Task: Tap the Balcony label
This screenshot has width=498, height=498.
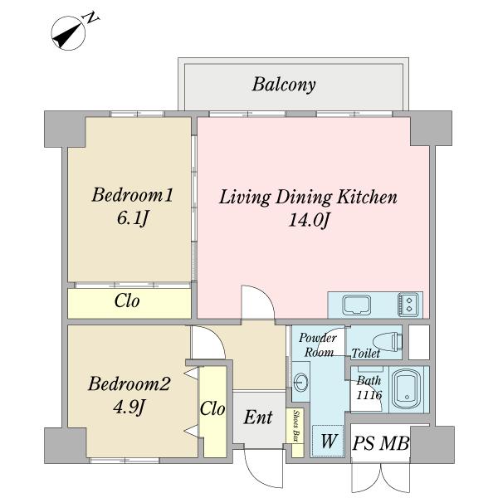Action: pyautogui.click(x=284, y=85)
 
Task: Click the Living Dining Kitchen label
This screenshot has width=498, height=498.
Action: pyautogui.click(x=308, y=198)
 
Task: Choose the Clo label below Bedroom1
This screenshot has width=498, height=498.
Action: pyautogui.click(x=127, y=302)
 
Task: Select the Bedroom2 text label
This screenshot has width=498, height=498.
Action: pyautogui.click(x=129, y=384)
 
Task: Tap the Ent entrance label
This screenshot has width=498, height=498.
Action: pyautogui.click(x=258, y=417)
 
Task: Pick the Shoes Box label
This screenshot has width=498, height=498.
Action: pyautogui.click(x=296, y=427)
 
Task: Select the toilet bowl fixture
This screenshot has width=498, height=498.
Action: pyautogui.click(x=387, y=340)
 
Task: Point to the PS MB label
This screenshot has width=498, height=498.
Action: pyautogui.click(x=381, y=445)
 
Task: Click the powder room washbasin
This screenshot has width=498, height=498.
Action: pyautogui.click(x=301, y=383)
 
